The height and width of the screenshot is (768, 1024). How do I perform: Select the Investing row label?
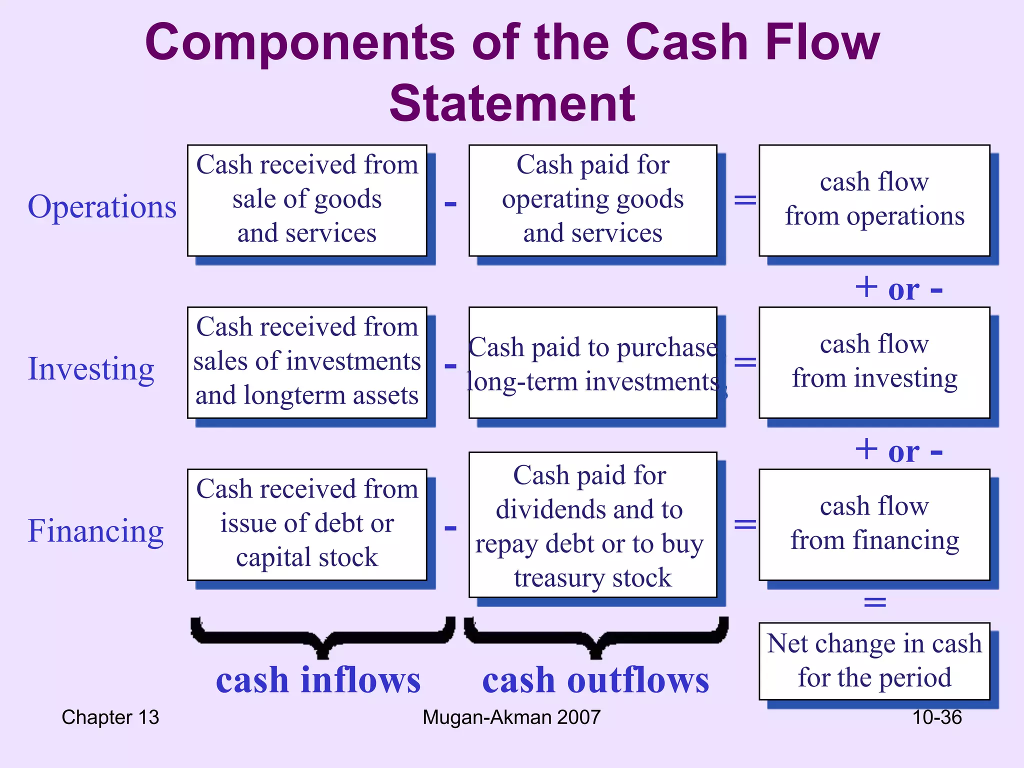[x=91, y=368]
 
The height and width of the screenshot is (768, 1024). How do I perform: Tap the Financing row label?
[x=95, y=530]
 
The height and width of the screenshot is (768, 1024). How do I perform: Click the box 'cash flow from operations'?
[x=874, y=200]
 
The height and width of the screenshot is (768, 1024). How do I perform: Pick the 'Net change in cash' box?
[x=874, y=660]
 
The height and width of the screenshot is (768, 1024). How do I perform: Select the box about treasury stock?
[x=592, y=524]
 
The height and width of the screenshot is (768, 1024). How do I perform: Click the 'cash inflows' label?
[x=318, y=680]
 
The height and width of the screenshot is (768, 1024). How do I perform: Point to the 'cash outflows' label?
[x=595, y=680]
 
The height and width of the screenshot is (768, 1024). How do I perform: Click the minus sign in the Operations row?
[x=450, y=203]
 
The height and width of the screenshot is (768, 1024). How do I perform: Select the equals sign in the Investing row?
[x=744, y=362]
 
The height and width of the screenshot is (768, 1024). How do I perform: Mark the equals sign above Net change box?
[x=874, y=601]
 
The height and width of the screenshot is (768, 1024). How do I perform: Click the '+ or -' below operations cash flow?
[x=898, y=289]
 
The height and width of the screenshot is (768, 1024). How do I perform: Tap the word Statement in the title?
[x=512, y=103]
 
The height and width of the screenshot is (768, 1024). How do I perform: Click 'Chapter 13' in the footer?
[x=110, y=717]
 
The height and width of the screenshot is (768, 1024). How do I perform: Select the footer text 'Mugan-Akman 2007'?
[x=511, y=717]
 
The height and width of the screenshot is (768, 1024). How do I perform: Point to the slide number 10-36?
[x=936, y=717]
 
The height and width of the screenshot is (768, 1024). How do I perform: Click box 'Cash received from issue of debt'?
[x=306, y=524]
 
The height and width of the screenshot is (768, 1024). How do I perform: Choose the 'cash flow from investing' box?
[x=874, y=362]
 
